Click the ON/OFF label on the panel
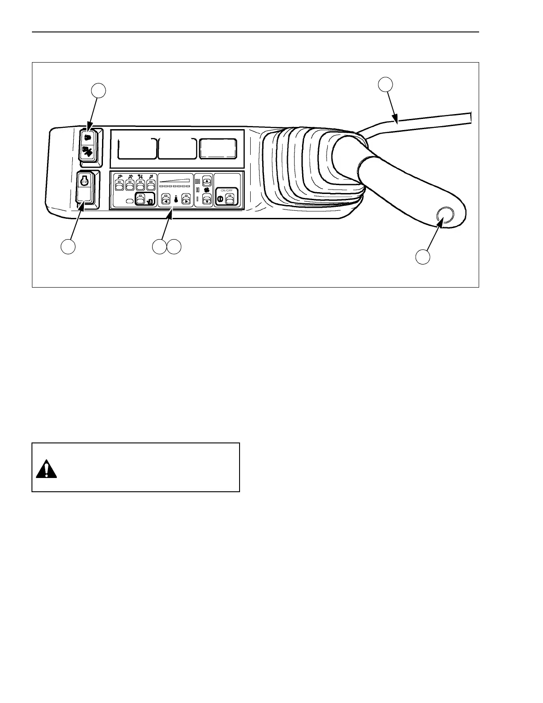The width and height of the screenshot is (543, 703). [x=227, y=190]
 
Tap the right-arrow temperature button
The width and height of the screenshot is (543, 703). [x=186, y=200]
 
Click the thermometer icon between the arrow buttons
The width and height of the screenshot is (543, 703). [x=176, y=200]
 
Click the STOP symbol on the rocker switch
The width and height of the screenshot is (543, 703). [x=84, y=181]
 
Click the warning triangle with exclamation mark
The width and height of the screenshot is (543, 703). [x=47, y=470]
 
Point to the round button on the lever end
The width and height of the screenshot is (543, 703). [x=445, y=215]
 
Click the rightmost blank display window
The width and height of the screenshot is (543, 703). [x=217, y=148]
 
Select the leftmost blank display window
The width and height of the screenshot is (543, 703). [x=137, y=148]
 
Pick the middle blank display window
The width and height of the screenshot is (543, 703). [x=177, y=148]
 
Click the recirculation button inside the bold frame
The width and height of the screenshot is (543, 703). [x=141, y=200]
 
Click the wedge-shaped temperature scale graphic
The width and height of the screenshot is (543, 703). [x=175, y=181]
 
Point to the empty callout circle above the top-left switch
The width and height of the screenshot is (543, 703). [x=98, y=91]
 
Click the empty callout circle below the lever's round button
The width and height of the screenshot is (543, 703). [x=423, y=257]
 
